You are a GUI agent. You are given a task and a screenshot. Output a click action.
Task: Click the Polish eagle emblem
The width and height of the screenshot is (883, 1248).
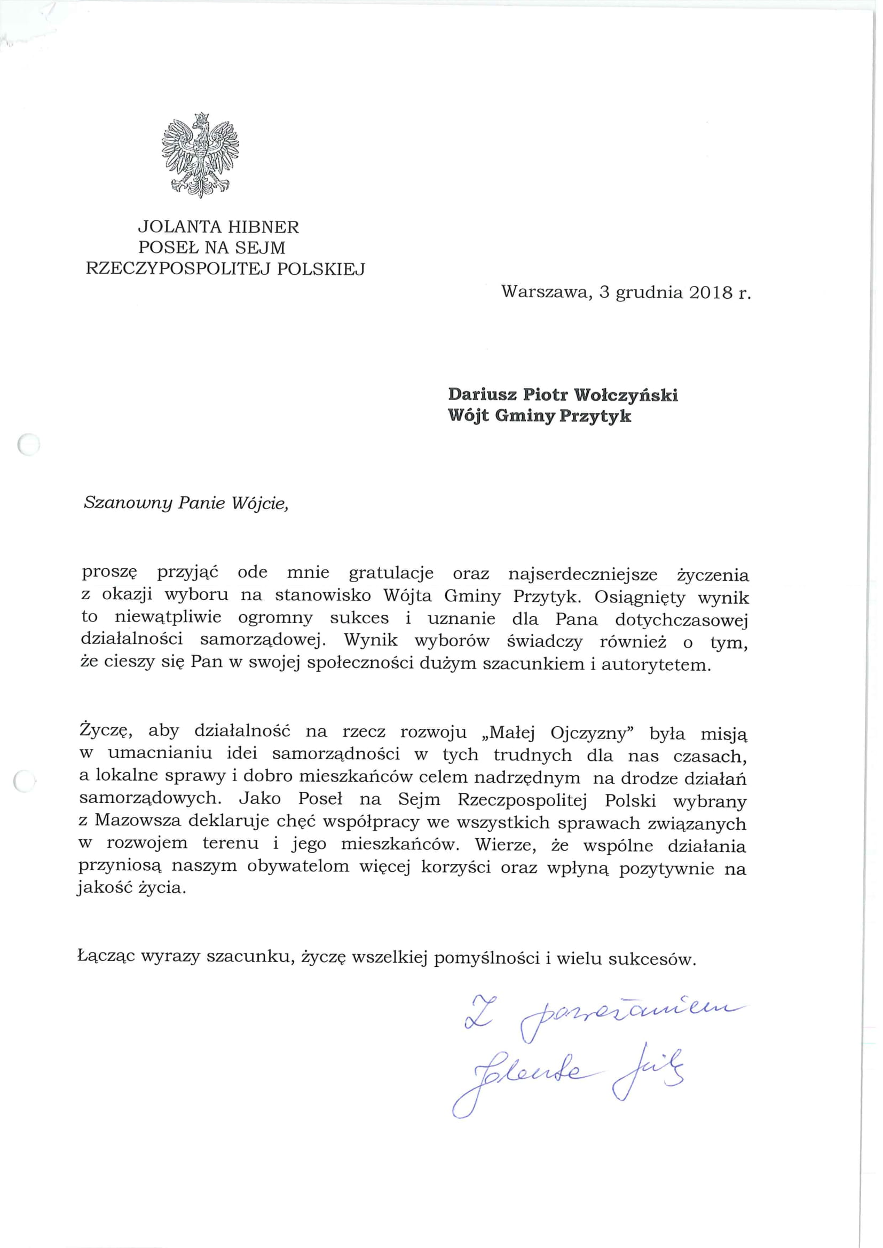tap(200, 155)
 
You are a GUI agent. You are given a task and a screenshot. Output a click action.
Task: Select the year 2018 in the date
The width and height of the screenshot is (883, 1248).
tap(709, 292)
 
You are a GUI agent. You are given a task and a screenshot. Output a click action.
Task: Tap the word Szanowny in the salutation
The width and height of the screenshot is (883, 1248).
tap(127, 503)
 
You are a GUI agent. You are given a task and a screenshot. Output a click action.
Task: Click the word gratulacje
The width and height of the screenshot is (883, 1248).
tap(391, 573)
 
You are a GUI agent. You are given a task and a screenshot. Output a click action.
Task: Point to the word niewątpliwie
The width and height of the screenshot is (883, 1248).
tap(176, 618)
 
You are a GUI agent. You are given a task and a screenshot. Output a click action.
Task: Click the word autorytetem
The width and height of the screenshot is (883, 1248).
tap(656, 664)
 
